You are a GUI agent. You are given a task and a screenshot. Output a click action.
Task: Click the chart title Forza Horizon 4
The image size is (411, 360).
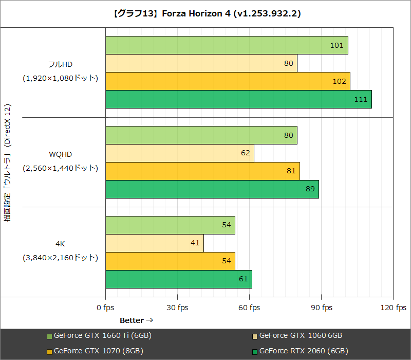206,14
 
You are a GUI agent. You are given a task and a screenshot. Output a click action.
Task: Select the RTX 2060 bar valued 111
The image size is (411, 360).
238,99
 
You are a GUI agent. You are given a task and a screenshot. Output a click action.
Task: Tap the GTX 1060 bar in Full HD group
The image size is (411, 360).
201,63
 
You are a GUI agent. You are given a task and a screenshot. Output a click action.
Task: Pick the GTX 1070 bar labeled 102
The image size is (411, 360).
228,81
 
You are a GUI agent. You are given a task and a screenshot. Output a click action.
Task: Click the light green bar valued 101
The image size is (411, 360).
227,45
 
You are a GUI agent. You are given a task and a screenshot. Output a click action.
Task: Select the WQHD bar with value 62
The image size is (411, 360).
179,153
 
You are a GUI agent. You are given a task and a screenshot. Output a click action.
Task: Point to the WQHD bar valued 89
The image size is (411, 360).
212,189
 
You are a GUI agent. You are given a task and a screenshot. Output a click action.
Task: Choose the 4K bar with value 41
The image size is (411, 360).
154,243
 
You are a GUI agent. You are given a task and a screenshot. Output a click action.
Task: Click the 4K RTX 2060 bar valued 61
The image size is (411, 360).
178,279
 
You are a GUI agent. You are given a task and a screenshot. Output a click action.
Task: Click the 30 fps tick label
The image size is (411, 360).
177,308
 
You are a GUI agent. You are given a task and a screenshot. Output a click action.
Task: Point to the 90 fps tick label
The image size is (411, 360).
321,308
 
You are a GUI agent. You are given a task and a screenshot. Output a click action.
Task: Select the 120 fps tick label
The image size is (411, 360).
394,308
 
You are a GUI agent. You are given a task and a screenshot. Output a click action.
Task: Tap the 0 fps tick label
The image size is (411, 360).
105,308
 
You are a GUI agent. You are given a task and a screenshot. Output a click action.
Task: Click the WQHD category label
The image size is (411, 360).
60,154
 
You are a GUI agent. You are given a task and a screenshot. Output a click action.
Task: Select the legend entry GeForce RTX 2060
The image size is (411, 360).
304,351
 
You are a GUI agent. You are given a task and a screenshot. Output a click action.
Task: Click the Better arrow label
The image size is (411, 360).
137,320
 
